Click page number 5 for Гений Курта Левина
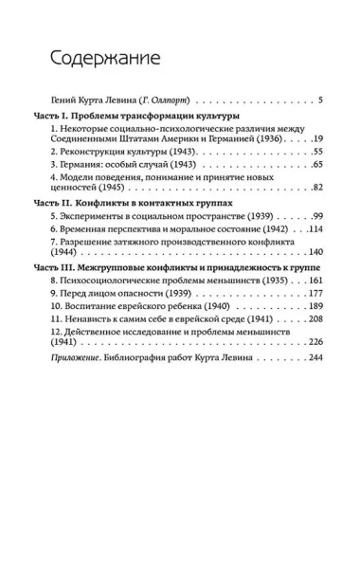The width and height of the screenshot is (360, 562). (321, 100)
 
